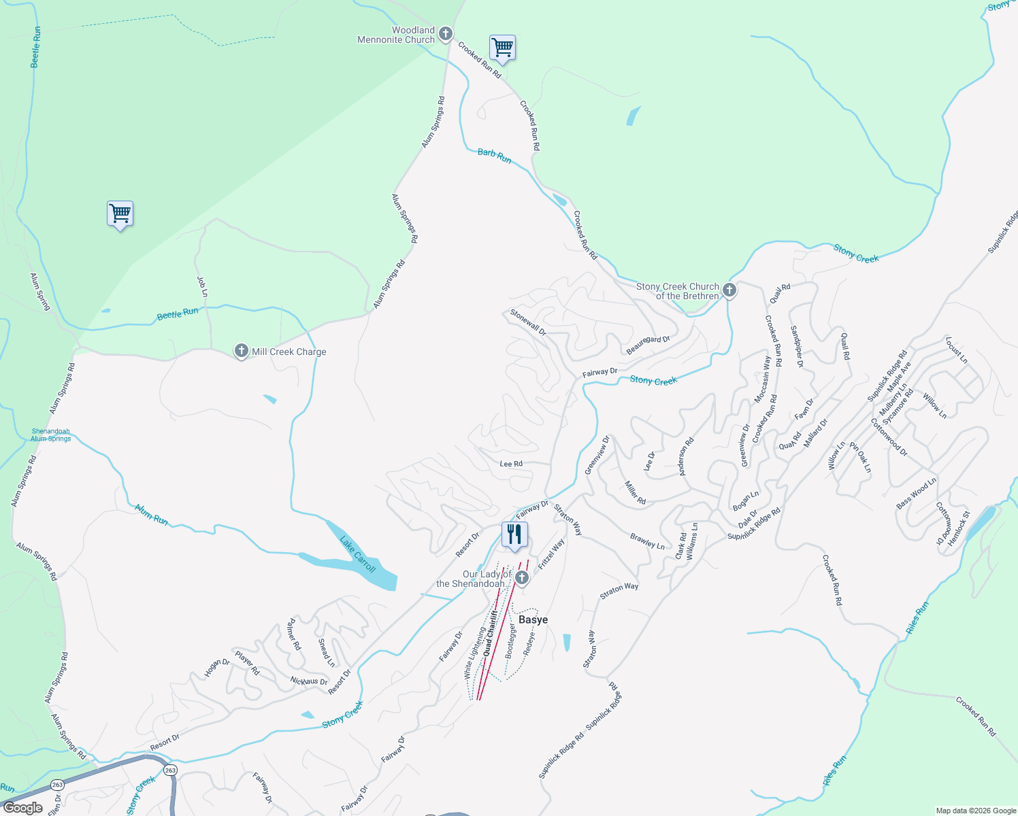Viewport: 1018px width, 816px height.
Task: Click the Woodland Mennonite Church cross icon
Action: pos(445,33)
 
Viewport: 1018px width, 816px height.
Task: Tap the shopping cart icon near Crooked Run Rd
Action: pos(502,48)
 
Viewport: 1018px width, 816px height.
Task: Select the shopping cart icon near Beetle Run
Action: pos(120,214)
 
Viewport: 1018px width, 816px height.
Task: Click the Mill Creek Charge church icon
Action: pos(241,351)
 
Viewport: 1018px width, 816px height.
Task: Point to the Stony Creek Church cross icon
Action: pos(729,290)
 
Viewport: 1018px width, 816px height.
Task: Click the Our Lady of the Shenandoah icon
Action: pos(522,578)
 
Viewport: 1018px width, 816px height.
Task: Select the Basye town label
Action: pos(533,619)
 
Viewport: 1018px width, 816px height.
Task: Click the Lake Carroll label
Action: pos(358,554)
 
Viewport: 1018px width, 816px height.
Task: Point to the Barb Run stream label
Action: pos(495,156)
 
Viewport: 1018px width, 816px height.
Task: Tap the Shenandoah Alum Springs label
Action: pos(51,435)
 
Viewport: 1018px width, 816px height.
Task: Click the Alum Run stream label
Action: pos(151,515)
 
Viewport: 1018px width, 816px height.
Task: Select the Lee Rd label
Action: pos(511,464)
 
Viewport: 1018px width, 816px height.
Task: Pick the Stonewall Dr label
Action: pos(528,322)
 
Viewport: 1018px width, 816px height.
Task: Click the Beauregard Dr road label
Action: pos(648,344)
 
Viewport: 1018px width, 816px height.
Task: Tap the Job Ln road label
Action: pos(202,286)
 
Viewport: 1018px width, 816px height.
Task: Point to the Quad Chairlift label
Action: pos(490,633)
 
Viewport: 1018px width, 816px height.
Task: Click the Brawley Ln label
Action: pos(647,541)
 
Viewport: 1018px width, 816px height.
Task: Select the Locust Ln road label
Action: pos(956,350)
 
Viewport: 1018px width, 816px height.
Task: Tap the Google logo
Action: pos(23,808)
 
